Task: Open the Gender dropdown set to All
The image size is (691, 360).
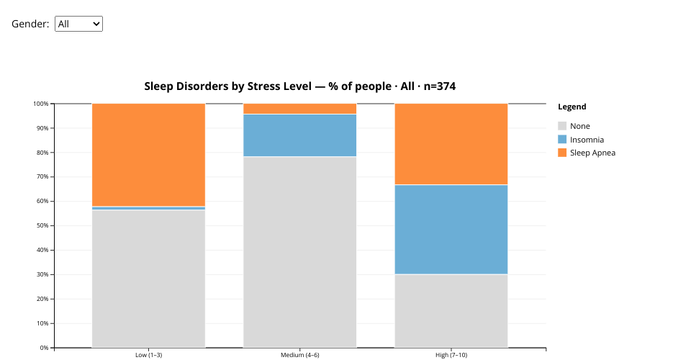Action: (78, 24)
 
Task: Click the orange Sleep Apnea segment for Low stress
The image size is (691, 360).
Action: (148, 155)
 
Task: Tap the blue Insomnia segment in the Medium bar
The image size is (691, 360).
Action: (299, 135)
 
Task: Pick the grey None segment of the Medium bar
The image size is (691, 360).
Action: (299, 252)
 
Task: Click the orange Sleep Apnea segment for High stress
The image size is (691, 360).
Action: (451, 144)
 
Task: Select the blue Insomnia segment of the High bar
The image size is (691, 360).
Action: (451, 230)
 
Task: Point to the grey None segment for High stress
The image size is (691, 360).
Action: (451, 311)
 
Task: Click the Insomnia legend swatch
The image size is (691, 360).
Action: (562, 140)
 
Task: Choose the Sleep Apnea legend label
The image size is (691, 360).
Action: (592, 153)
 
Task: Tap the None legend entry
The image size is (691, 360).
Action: (579, 126)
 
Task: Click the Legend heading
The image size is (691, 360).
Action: (572, 107)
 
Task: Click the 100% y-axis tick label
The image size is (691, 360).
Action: (41, 104)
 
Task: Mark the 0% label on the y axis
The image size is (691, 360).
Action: (44, 348)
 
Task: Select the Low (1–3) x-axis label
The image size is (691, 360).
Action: (148, 355)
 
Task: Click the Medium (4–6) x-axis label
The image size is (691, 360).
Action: (299, 355)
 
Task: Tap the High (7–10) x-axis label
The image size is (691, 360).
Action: (451, 355)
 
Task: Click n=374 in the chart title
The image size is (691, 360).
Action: (439, 86)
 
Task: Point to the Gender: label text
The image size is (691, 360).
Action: (30, 24)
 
